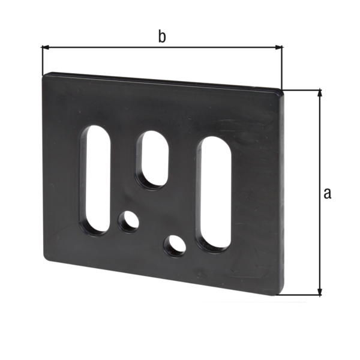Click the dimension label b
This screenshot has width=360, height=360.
click(161, 37)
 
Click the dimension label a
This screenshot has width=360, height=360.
click(327, 193)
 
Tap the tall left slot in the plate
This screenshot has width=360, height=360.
click(95, 179)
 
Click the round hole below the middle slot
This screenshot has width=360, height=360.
click(128, 221)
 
